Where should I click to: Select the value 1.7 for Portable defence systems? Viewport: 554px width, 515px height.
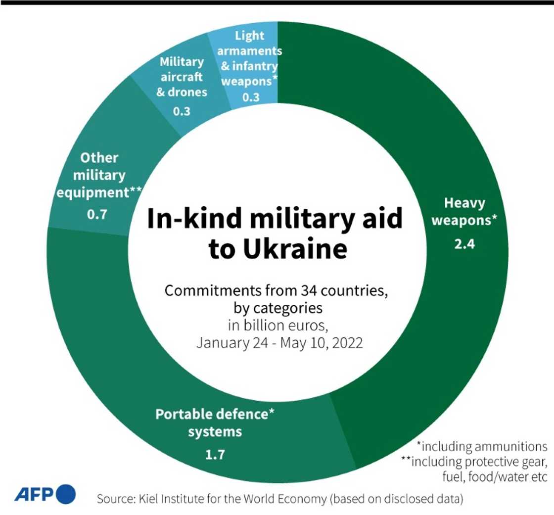tap(215, 454)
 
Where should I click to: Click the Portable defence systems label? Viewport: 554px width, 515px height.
tap(215, 422)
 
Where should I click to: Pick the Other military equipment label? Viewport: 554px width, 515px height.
tap(99, 175)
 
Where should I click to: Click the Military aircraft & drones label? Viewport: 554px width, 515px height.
tap(182, 77)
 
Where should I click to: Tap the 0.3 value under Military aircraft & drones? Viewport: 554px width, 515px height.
tap(182, 111)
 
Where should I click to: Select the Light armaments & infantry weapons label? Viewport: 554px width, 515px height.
tap(250, 58)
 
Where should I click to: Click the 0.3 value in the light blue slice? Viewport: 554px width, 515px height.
tap(251, 97)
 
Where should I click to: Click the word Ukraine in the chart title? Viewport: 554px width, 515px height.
tap(277, 250)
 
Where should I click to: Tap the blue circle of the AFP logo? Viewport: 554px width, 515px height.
tap(66, 494)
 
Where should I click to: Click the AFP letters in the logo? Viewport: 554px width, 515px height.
tap(35, 494)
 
